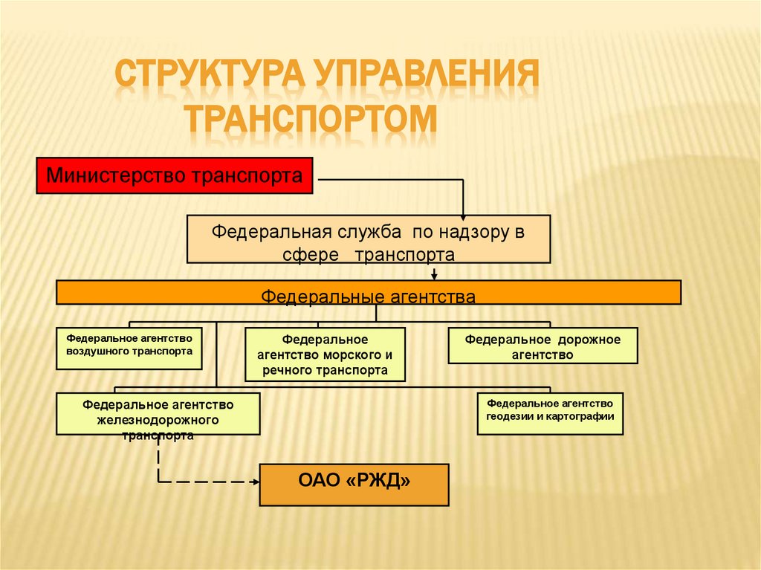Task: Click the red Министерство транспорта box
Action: coord(175,175)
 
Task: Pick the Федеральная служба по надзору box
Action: coord(369,239)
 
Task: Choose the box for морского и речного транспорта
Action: coord(326,354)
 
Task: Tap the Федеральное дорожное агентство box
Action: coord(543,346)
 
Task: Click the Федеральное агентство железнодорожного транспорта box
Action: coord(158,414)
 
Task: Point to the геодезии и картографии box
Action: coord(550,413)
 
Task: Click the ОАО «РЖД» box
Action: coord(354,485)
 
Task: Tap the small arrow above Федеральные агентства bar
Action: coord(455,275)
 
